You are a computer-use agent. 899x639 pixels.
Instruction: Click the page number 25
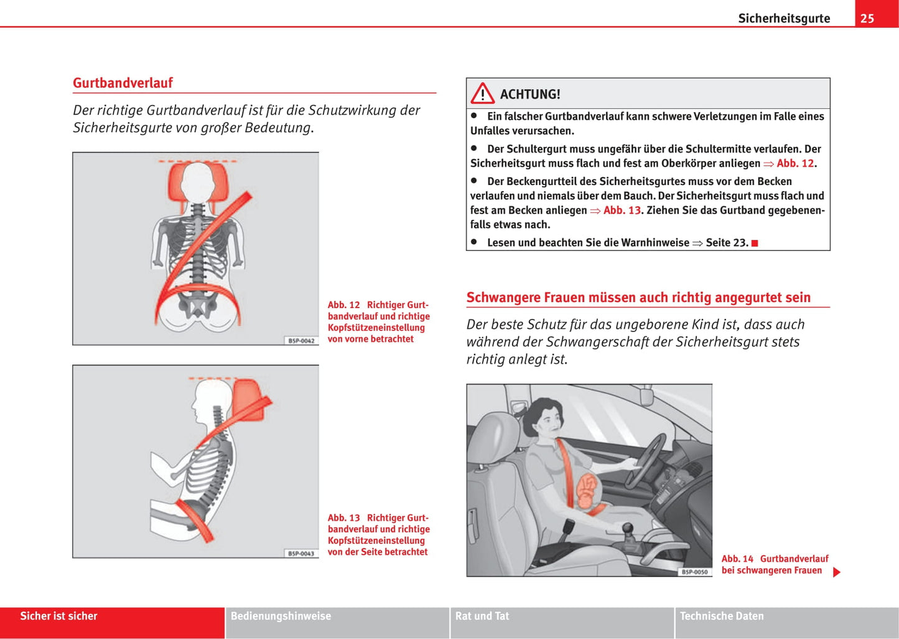[x=867, y=18]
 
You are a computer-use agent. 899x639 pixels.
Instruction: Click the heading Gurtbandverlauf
[x=123, y=83]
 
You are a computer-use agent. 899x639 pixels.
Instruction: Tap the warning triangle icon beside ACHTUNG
[x=482, y=94]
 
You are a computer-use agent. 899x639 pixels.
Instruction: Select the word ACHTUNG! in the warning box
[x=530, y=94]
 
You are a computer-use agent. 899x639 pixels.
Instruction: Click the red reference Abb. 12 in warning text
[x=795, y=163]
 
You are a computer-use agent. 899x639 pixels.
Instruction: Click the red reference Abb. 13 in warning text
[x=622, y=211]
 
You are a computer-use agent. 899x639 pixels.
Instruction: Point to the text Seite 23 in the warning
[x=726, y=243]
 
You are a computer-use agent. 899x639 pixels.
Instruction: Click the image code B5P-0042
[x=302, y=341]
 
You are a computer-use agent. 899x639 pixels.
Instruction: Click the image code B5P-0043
[x=302, y=554]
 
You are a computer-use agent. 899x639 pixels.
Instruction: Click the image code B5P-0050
[x=694, y=572]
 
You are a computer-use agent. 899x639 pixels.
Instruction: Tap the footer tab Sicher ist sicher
[x=59, y=616]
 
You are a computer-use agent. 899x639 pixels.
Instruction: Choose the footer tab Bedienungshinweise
[x=281, y=616]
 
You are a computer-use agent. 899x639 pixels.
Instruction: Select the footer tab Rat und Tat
[x=482, y=616]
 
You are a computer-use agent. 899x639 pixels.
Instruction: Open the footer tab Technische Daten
[x=722, y=616]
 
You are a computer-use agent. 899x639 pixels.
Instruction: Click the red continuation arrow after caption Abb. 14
[x=837, y=572]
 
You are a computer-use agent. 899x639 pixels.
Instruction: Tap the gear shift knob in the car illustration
[x=628, y=529]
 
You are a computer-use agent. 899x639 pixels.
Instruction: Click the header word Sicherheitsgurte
[x=784, y=18]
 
